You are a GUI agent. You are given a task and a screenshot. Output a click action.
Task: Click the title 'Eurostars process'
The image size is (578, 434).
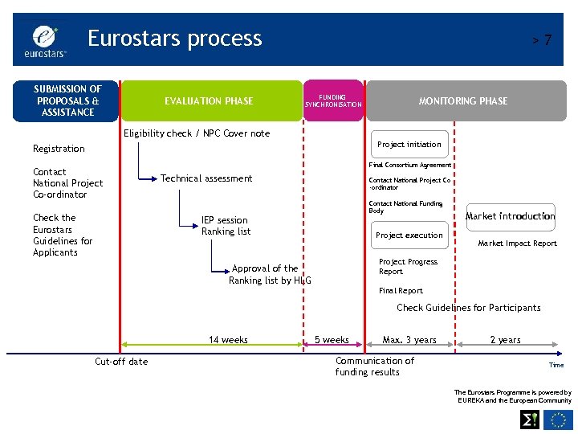174,39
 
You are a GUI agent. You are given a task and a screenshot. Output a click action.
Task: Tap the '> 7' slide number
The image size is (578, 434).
543,40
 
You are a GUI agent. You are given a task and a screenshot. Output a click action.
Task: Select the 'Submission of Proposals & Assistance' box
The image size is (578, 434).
67,100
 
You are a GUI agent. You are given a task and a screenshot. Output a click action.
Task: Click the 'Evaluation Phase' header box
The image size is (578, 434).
209,101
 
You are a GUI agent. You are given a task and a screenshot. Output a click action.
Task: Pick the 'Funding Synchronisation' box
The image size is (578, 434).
333,101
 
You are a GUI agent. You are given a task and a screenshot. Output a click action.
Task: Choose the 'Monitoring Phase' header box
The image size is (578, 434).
463,101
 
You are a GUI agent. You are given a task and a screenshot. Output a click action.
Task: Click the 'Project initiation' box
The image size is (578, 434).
409,145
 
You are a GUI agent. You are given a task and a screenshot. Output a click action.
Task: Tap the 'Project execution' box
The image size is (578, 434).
409,235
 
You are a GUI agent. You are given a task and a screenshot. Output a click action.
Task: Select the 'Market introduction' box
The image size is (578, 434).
511,216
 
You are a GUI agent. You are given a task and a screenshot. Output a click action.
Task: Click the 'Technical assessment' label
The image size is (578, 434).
206,178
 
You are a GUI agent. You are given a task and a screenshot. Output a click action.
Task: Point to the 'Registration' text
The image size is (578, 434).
59,149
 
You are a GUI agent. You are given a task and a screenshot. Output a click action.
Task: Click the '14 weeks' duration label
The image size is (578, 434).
228,340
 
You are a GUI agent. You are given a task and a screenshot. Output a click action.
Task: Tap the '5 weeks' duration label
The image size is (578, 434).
332,340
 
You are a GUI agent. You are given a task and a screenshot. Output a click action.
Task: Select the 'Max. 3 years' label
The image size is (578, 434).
409,340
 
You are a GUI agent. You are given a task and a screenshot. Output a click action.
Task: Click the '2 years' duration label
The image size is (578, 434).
506,340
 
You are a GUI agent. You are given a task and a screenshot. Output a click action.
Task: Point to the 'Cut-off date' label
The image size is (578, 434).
121,362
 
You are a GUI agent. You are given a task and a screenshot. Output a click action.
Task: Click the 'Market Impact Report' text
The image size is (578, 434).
517,244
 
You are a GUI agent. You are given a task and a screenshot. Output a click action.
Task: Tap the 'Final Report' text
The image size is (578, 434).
401,291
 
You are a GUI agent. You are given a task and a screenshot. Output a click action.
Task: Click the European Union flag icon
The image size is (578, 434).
559,420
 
